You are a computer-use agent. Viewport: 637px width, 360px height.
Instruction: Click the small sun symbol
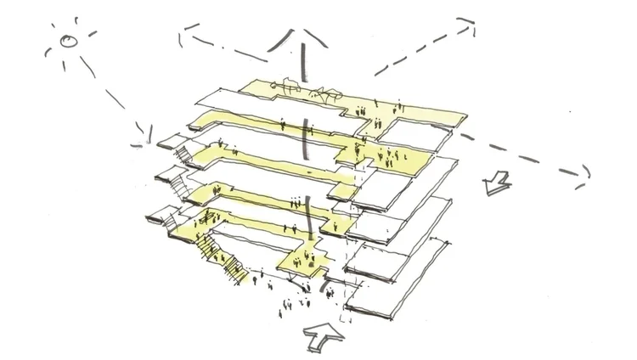tap(67, 42)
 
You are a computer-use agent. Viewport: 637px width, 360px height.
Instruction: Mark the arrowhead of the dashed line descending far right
tap(583, 176)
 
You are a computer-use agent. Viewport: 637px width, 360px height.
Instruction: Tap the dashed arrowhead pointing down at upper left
tap(182, 34)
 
